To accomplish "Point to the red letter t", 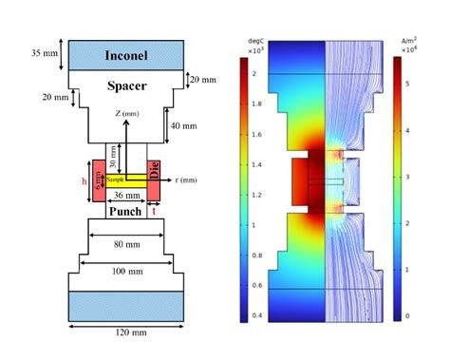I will pyautogui.click(x=154, y=214).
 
